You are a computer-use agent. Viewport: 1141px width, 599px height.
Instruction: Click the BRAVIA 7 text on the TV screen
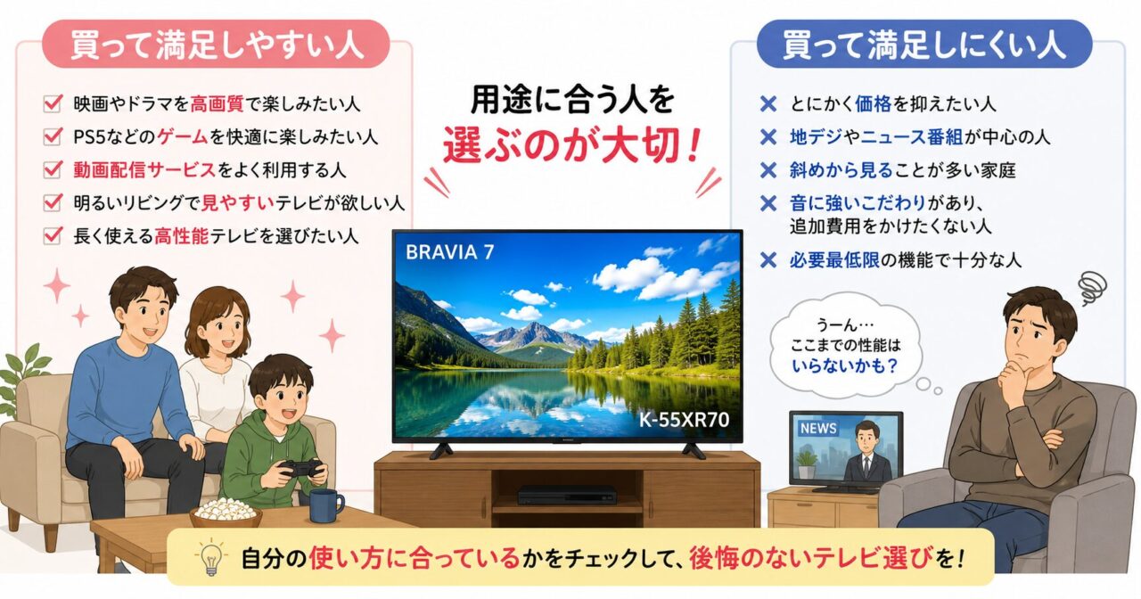450,252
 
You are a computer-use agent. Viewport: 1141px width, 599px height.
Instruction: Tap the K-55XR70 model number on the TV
684,420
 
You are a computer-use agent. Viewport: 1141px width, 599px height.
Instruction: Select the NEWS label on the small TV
818,429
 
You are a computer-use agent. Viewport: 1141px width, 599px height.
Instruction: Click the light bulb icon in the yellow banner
209,556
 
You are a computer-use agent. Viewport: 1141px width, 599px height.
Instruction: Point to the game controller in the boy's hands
302,467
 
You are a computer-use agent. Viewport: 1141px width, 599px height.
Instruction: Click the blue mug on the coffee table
325,505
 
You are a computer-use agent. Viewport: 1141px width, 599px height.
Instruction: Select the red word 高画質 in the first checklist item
217,104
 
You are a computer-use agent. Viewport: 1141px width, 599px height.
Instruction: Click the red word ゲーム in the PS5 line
182,136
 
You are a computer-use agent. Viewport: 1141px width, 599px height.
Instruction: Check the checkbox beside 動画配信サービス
53,169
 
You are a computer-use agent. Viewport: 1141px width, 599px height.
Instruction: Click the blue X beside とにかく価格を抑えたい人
768,104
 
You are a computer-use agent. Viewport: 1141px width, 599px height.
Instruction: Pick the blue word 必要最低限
834,260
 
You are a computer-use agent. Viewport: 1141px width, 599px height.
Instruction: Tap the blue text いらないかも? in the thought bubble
844,365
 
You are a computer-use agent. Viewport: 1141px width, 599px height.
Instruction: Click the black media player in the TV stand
567,494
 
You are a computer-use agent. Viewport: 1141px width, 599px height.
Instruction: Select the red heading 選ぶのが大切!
570,144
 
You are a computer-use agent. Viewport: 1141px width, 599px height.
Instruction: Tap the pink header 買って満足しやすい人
217,45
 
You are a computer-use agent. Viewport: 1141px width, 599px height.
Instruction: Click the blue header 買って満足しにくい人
924,45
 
